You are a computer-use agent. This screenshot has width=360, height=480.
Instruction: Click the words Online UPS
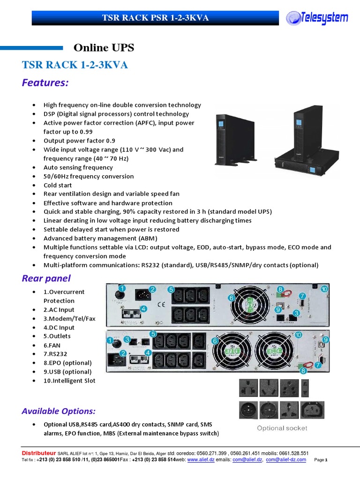(x=104, y=47)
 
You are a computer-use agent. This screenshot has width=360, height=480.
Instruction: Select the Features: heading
(x=45, y=83)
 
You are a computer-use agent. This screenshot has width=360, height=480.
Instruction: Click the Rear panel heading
(x=46, y=278)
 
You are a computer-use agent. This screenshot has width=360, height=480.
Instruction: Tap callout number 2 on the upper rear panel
(x=152, y=289)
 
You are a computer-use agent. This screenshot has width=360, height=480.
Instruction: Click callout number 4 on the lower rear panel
(x=148, y=352)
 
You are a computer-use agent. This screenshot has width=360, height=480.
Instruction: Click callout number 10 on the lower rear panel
(x=299, y=335)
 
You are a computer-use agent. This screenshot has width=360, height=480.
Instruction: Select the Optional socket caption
(x=282, y=428)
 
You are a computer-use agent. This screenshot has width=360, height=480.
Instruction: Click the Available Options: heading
(x=59, y=411)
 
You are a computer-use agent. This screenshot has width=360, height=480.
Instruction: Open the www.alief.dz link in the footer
(x=196, y=460)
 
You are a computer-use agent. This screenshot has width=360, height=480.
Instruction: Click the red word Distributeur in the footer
(x=39, y=453)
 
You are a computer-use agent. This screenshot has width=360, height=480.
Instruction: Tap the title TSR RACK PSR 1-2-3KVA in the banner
(x=155, y=18)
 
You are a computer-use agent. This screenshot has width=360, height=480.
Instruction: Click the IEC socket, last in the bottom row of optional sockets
(x=312, y=409)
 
